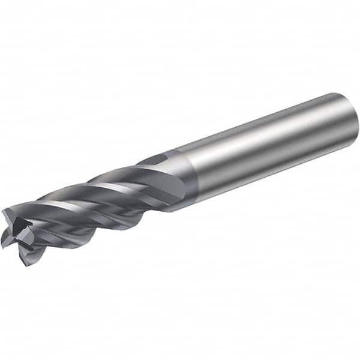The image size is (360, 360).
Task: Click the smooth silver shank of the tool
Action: coord(270,150)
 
